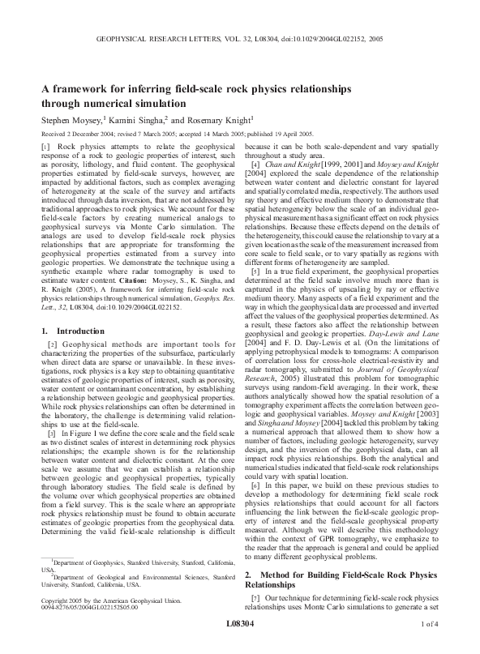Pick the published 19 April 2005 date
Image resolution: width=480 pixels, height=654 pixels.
coord(278,133)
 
